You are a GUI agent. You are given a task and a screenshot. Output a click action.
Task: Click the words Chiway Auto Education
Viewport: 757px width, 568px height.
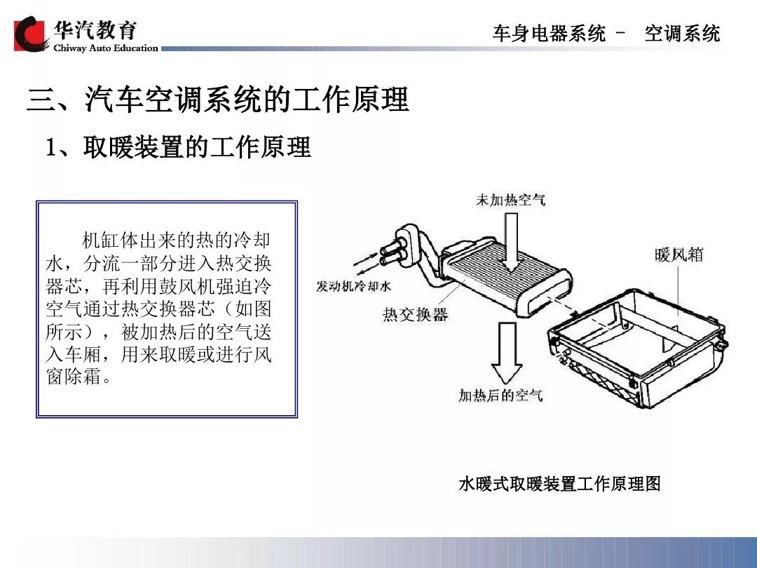(106, 48)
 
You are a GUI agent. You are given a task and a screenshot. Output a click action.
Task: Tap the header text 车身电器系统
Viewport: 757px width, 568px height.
(549, 34)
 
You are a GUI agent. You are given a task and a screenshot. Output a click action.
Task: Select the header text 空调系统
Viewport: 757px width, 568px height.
(682, 34)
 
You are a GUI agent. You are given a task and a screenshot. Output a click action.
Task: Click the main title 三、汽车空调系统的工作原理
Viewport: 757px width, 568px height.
(217, 100)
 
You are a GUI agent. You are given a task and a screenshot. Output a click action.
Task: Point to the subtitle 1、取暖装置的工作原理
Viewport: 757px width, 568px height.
(178, 148)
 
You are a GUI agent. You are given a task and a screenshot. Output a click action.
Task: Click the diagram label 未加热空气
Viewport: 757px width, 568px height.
(510, 200)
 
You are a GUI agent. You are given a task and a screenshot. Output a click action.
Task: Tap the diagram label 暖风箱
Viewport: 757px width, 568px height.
(678, 254)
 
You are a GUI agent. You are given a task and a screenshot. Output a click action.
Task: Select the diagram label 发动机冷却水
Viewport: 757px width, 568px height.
(353, 288)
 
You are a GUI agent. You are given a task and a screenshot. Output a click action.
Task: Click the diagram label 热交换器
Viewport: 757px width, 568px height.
(415, 314)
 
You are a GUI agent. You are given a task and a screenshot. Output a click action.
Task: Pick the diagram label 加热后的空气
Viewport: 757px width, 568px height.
(500, 395)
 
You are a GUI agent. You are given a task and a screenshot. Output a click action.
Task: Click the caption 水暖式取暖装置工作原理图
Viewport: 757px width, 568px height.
(559, 484)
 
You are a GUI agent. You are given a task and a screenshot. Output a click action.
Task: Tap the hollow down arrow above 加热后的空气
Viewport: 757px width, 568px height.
(506, 351)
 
